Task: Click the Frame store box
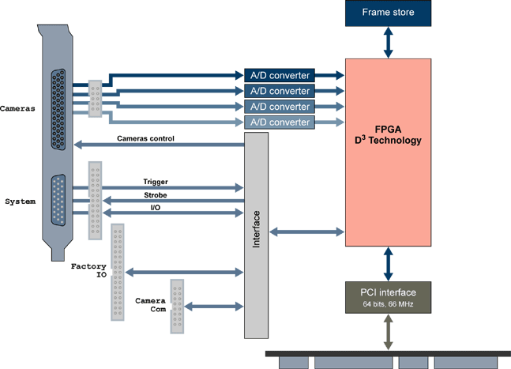pos(388,13)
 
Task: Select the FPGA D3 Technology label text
pos(388,134)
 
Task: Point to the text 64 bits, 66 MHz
pos(388,304)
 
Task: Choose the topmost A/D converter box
pos(280,75)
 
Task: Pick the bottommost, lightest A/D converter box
pos(280,122)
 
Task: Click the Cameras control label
pos(145,138)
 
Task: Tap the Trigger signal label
pos(156,182)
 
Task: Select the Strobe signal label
pos(155,194)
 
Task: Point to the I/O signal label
pos(156,207)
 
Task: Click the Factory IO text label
pos(88,273)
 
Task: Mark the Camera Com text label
pos(149,306)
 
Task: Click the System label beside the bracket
pos(20,201)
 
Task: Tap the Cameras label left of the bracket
pos(17,108)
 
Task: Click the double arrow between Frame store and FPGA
pos(388,42)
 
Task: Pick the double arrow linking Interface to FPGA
pos(306,232)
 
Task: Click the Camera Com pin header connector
pos(177,306)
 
